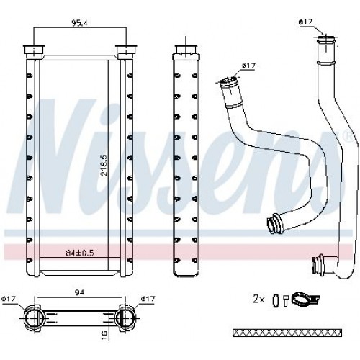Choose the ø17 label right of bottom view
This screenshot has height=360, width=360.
[x=149, y=299]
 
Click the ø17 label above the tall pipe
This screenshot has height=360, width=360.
[x=306, y=22]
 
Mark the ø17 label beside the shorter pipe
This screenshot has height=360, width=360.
[x=249, y=66]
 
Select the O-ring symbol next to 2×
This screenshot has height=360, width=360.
[x=275, y=299]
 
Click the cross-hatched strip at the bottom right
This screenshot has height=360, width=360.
[x=289, y=332]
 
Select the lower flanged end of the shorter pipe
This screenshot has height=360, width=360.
[x=274, y=225]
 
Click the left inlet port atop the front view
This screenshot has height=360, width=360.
[x=34, y=50]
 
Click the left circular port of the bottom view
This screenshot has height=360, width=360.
[x=34, y=317]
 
